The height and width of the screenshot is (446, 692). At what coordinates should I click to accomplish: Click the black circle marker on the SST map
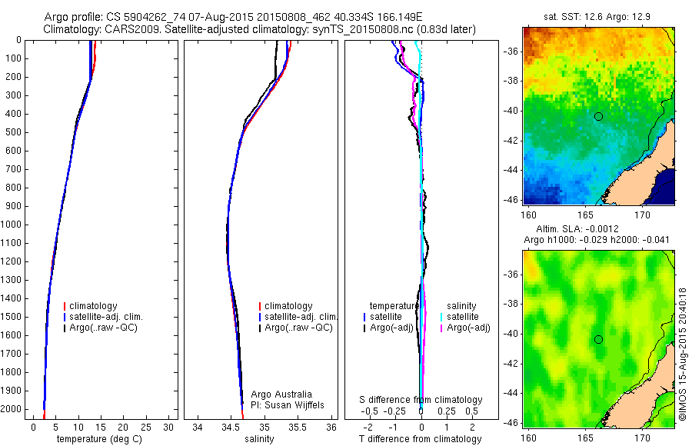(x=598, y=116)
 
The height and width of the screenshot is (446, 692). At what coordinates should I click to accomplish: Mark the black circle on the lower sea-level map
(x=598, y=339)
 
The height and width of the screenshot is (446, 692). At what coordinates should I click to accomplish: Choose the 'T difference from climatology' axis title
(x=420, y=439)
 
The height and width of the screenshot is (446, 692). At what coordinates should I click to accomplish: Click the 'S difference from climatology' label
(x=421, y=400)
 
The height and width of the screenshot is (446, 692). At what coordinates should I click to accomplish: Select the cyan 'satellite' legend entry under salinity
(x=462, y=317)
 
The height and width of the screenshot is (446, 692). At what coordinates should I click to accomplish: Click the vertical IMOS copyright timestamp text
(x=682, y=354)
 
